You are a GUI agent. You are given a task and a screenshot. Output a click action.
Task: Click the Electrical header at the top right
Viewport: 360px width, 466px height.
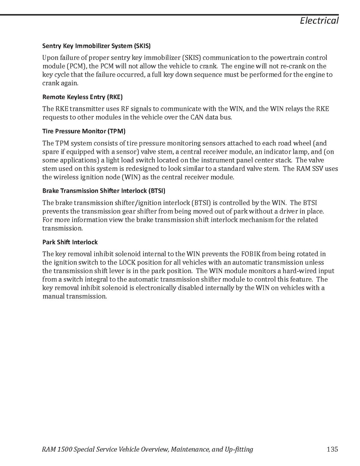pyautogui.click(x=319, y=21)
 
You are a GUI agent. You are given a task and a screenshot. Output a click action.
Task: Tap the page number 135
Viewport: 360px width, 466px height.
pyautogui.click(x=332, y=449)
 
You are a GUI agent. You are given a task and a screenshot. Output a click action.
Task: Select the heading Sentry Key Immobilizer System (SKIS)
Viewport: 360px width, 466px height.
pyautogui.click(x=96, y=46)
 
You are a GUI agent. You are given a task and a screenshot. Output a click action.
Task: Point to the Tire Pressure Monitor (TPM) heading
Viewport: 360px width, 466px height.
pyautogui.click(x=84, y=131)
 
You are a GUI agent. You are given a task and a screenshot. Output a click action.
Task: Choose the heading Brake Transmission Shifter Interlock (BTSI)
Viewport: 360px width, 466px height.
pyautogui.click(x=104, y=191)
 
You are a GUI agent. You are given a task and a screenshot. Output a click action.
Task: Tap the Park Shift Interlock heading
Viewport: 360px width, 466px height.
pyautogui.click(x=70, y=242)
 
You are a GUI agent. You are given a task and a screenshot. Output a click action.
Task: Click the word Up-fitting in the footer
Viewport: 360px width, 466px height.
pyautogui.click(x=239, y=449)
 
